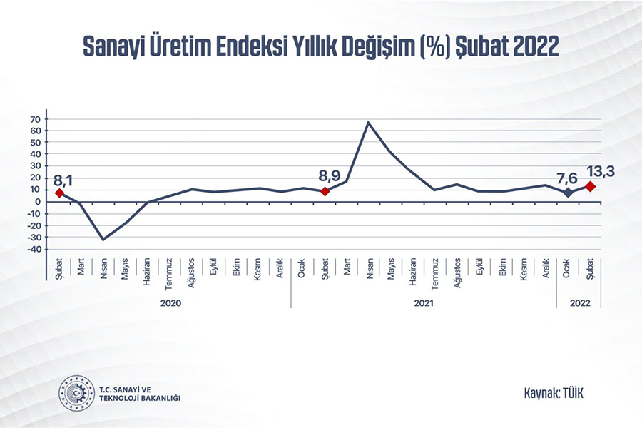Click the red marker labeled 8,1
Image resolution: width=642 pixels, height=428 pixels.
click(x=59, y=193)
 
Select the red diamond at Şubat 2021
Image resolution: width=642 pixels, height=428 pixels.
click(x=325, y=191)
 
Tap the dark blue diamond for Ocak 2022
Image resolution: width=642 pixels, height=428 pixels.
click(x=568, y=193)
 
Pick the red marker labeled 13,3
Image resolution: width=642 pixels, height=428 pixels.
click(x=590, y=186)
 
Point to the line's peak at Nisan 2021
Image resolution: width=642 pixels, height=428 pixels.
click(x=369, y=123)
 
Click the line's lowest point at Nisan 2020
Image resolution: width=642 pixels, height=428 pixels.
click(x=103, y=239)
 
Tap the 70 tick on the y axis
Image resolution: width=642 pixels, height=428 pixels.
click(x=35, y=119)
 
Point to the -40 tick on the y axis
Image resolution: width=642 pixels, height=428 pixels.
click(x=33, y=250)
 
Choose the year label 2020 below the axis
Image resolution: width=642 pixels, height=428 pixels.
click(x=170, y=303)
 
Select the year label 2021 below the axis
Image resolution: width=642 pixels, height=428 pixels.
click(x=423, y=303)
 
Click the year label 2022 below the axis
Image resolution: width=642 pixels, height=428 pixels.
click(x=579, y=303)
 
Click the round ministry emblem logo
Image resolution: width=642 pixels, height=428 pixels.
click(x=76, y=392)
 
